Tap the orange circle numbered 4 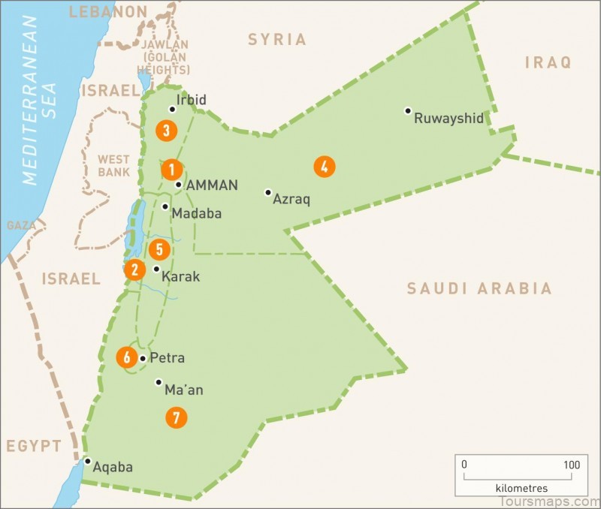(x=324, y=167)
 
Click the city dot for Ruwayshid (x=408, y=111)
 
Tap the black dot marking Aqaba (x=88, y=461)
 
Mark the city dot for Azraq (x=267, y=192)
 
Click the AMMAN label (x=213, y=185)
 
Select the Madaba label (x=197, y=213)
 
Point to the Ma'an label (x=184, y=390)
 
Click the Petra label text (x=167, y=358)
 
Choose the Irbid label (x=191, y=100)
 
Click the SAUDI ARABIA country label (x=479, y=288)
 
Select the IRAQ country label (x=548, y=62)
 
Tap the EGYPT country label (x=34, y=447)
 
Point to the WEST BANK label (x=113, y=165)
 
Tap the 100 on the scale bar (x=571, y=465)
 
